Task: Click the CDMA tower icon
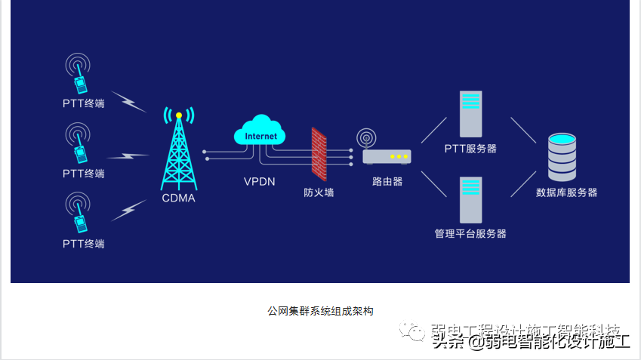(178, 151)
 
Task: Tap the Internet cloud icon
(260, 133)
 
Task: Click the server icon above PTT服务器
(471, 113)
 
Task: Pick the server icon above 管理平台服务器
(471, 198)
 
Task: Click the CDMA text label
(178, 198)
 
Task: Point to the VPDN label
(260, 182)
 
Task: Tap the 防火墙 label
(319, 192)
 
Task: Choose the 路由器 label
(387, 182)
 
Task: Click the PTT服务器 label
(470, 149)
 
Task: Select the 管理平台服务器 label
(470, 234)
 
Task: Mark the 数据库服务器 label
(566, 192)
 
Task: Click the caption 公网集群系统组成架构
(320, 311)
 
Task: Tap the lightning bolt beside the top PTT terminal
(134, 102)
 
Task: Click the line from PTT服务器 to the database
(523, 130)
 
